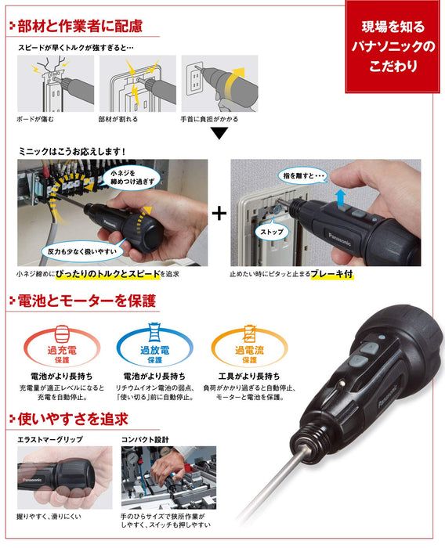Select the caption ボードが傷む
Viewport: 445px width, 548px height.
coord(39,119)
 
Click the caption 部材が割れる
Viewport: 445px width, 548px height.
coord(119,119)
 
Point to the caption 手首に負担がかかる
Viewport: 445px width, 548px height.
coord(215,119)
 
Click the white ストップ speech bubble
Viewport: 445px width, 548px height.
coord(273,233)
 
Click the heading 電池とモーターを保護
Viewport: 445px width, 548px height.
coord(86,301)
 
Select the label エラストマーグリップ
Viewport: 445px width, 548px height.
coord(52,440)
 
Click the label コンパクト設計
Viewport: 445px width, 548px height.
coord(145,440)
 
